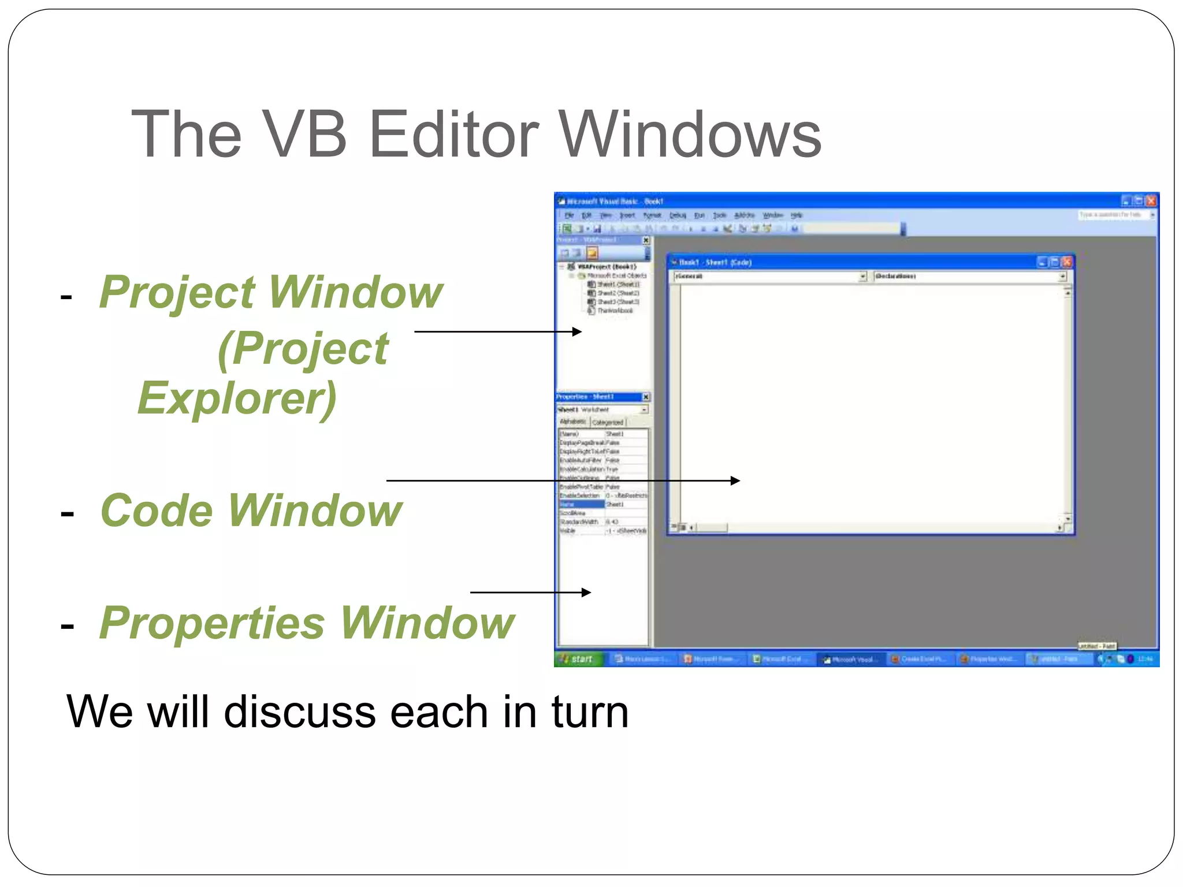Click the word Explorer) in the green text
tap(237, 398)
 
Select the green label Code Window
tap(251, 510)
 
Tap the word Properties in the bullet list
tap(212, 623)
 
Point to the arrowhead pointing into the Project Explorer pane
tap(576, 331)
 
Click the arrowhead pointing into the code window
tap(735, 480)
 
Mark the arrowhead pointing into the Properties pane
tap(586, 592)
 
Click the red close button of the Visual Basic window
tap(1151, 201)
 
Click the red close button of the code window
tap(1067, 262)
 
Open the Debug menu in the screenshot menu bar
tap(677, 215)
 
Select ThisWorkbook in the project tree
tap(615, 311)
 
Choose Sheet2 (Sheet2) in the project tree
tap(617, 293)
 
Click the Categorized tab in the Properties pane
tap(608, 422)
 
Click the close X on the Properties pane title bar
tap(646, 397)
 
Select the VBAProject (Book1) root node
tap(607, 267)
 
